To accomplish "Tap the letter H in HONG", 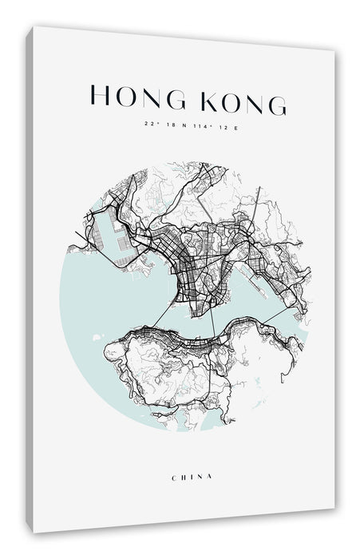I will (98, 97).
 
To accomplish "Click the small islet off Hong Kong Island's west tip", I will (98, 338).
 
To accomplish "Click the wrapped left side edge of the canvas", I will (30, 279).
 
